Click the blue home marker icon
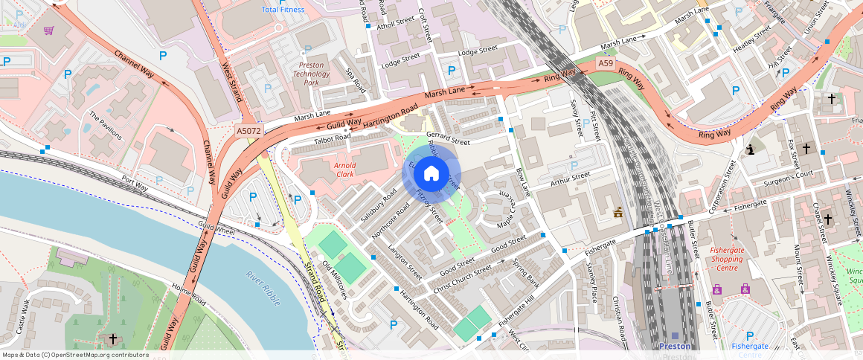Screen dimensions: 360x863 pyautogui.click(x=431, y=173)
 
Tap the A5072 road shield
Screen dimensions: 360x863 pyautogui.click(x=248, y=131)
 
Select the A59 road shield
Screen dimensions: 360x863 pyautogui.click(x=606, y=65)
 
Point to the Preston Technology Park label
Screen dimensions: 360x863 pyautogui.click(x=312, y=74)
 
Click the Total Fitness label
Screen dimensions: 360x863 pyautogui.click(x=283, y=9)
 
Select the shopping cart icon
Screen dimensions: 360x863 pyautogui.click(x=48, y=30)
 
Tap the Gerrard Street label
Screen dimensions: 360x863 pyautogui.click(x=448, y=138)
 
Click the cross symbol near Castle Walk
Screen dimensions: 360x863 pyautogui.click(x=112, y=339)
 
